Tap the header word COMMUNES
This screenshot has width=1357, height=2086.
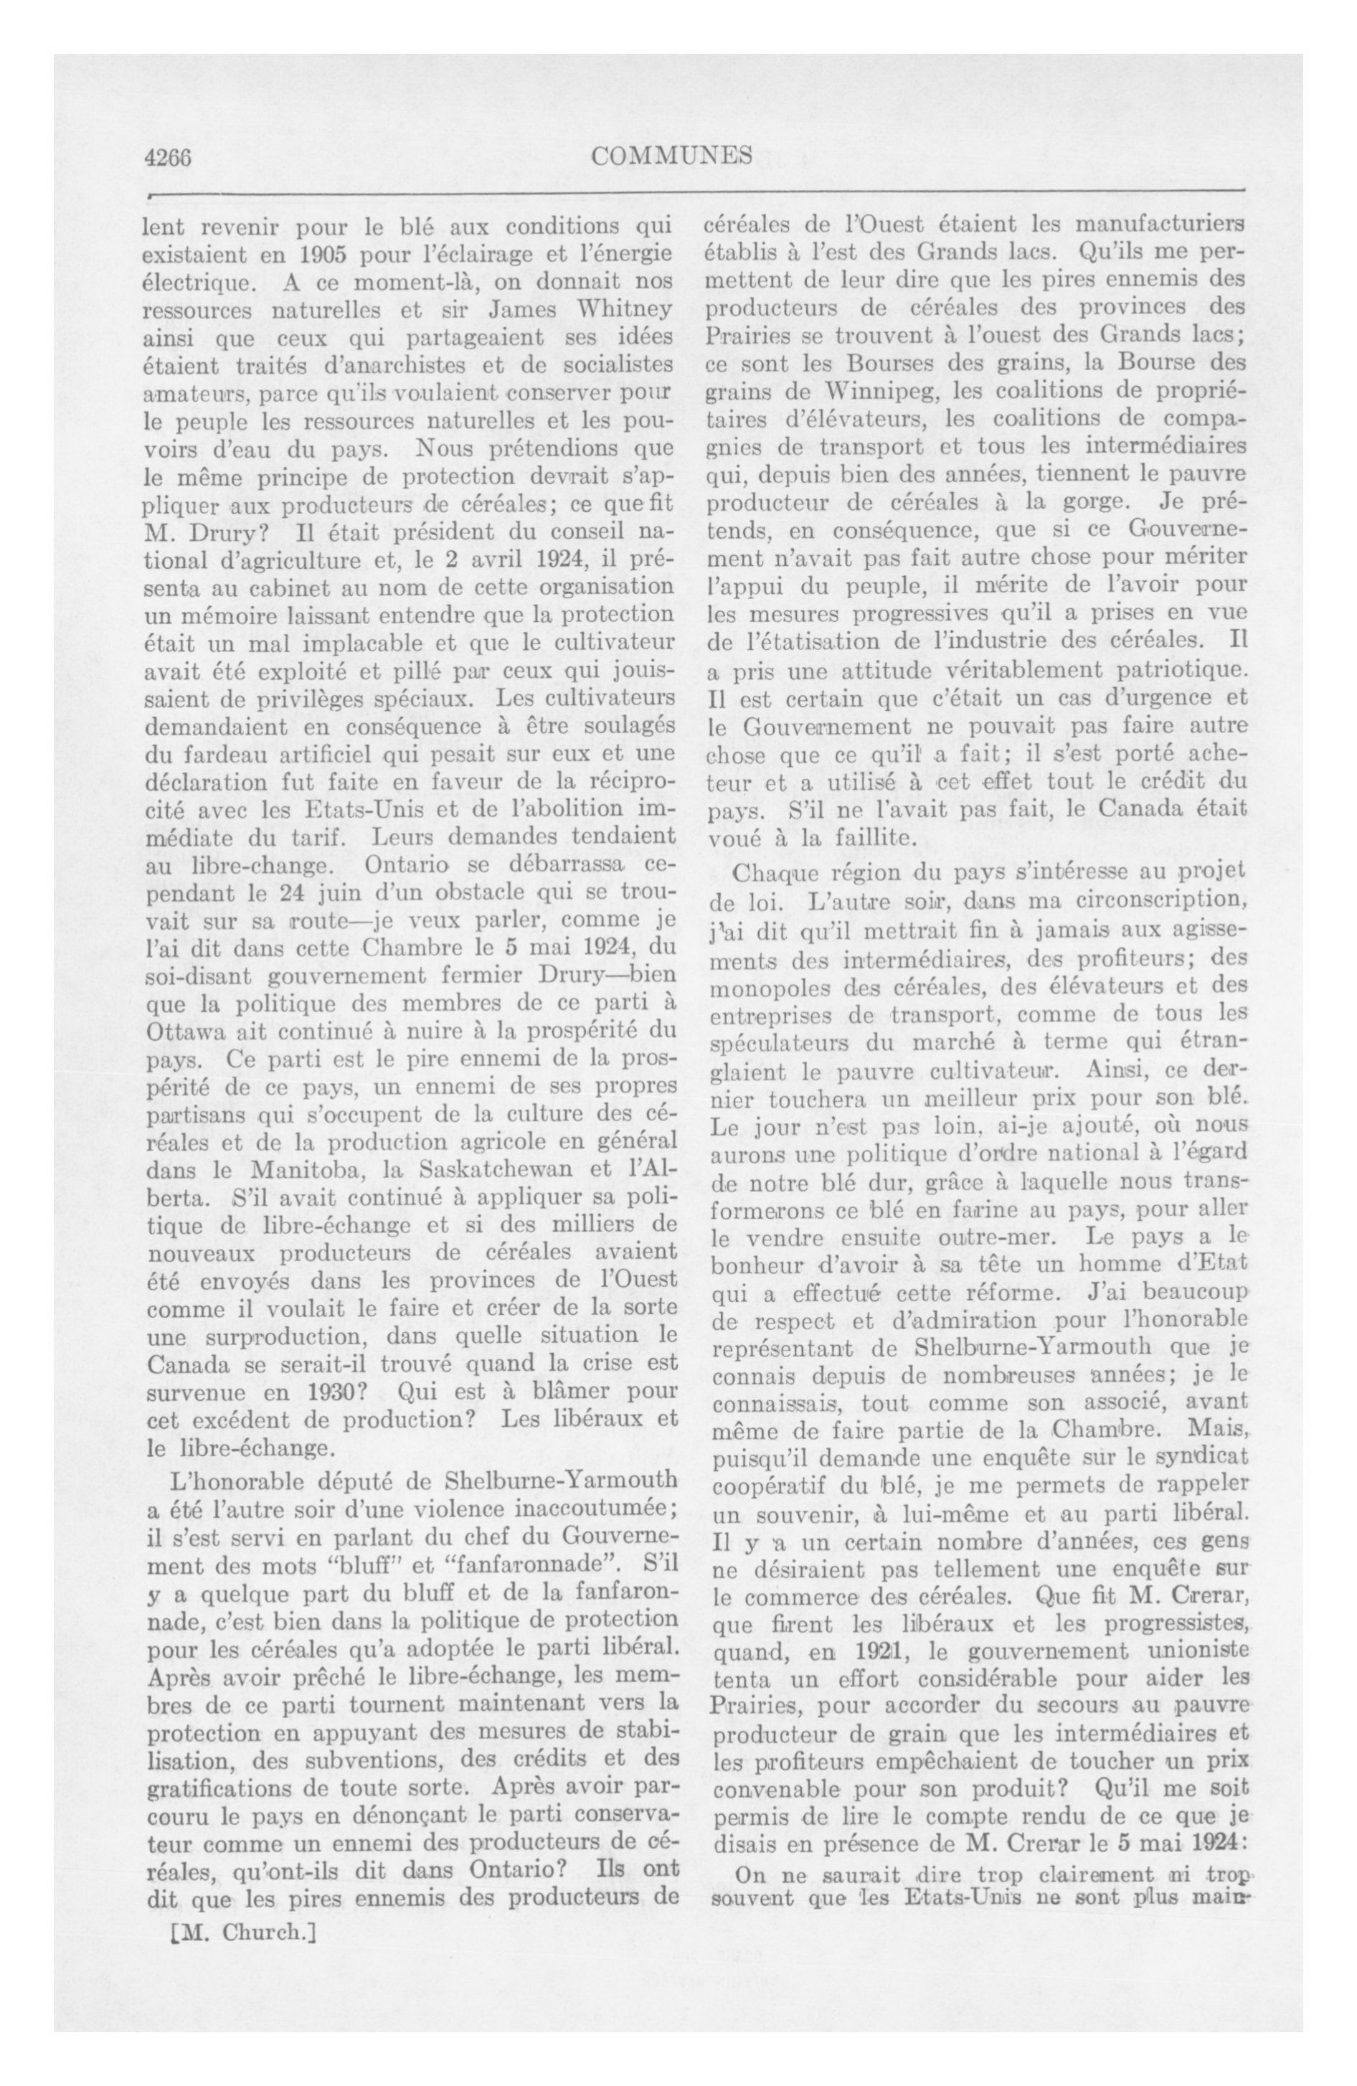pyautogui.click(x=671, y=156)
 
